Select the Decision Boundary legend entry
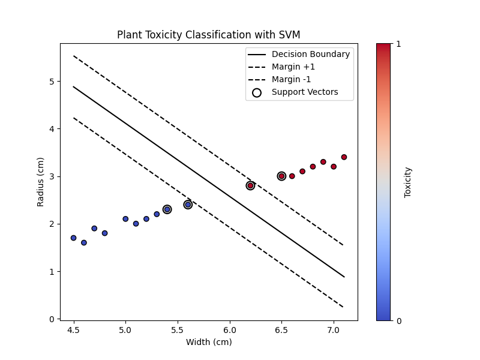tap(310, 54)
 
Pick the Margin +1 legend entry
tap(293, 67)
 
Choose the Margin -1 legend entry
tap(292, 79)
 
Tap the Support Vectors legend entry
tap(305, 92)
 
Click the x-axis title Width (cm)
tap(209, 342)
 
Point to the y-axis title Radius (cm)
tap(41, 182)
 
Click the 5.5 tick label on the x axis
tap(178, 330)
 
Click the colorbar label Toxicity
tap(408, 182)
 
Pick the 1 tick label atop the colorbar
tap(398, 44)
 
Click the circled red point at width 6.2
tap(250, 185)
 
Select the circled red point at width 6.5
tap(281, 176)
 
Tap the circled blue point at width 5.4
tap(167, 209)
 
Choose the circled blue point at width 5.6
tap(188, 205)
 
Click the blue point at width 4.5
tap(73, 238)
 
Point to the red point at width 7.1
tap(344, 157)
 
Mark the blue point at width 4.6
tap(84, 242)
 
